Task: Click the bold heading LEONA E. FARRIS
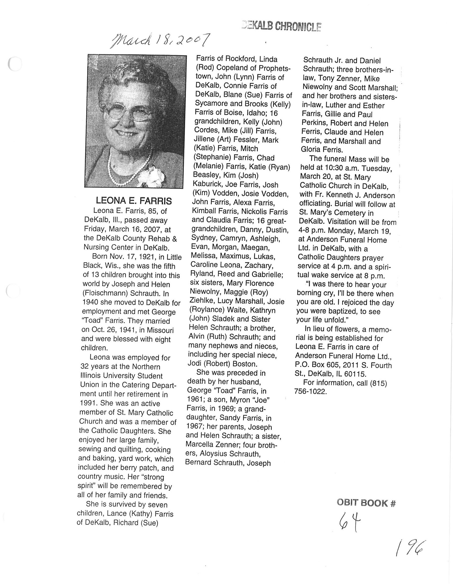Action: (x=134, y=201)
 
